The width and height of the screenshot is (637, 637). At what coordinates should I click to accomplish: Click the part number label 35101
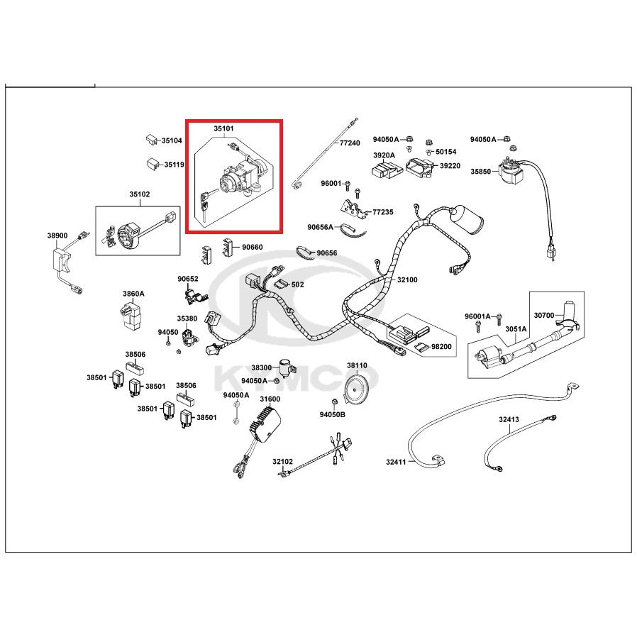[224, 129]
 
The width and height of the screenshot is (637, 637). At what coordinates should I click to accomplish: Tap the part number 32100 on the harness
[407, 279]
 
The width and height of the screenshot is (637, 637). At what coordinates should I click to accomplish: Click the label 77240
[349, 143]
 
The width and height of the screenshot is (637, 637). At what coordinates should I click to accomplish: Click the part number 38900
[57, 236]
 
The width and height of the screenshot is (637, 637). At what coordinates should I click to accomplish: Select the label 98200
[441, 346]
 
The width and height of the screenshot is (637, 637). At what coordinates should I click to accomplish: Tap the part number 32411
[396, 462]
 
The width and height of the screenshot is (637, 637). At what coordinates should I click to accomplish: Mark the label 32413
[509, 419]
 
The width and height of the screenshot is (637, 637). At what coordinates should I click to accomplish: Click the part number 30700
[543, 315]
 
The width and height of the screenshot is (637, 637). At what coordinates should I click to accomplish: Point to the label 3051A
[516, 328]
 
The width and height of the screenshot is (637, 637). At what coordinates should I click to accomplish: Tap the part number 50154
[446, 152]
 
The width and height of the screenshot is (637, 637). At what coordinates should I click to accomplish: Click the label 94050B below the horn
[332, 414]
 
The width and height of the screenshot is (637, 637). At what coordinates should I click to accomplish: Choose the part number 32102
[282, 461]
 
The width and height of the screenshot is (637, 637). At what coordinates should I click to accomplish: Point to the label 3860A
[133, 293]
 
